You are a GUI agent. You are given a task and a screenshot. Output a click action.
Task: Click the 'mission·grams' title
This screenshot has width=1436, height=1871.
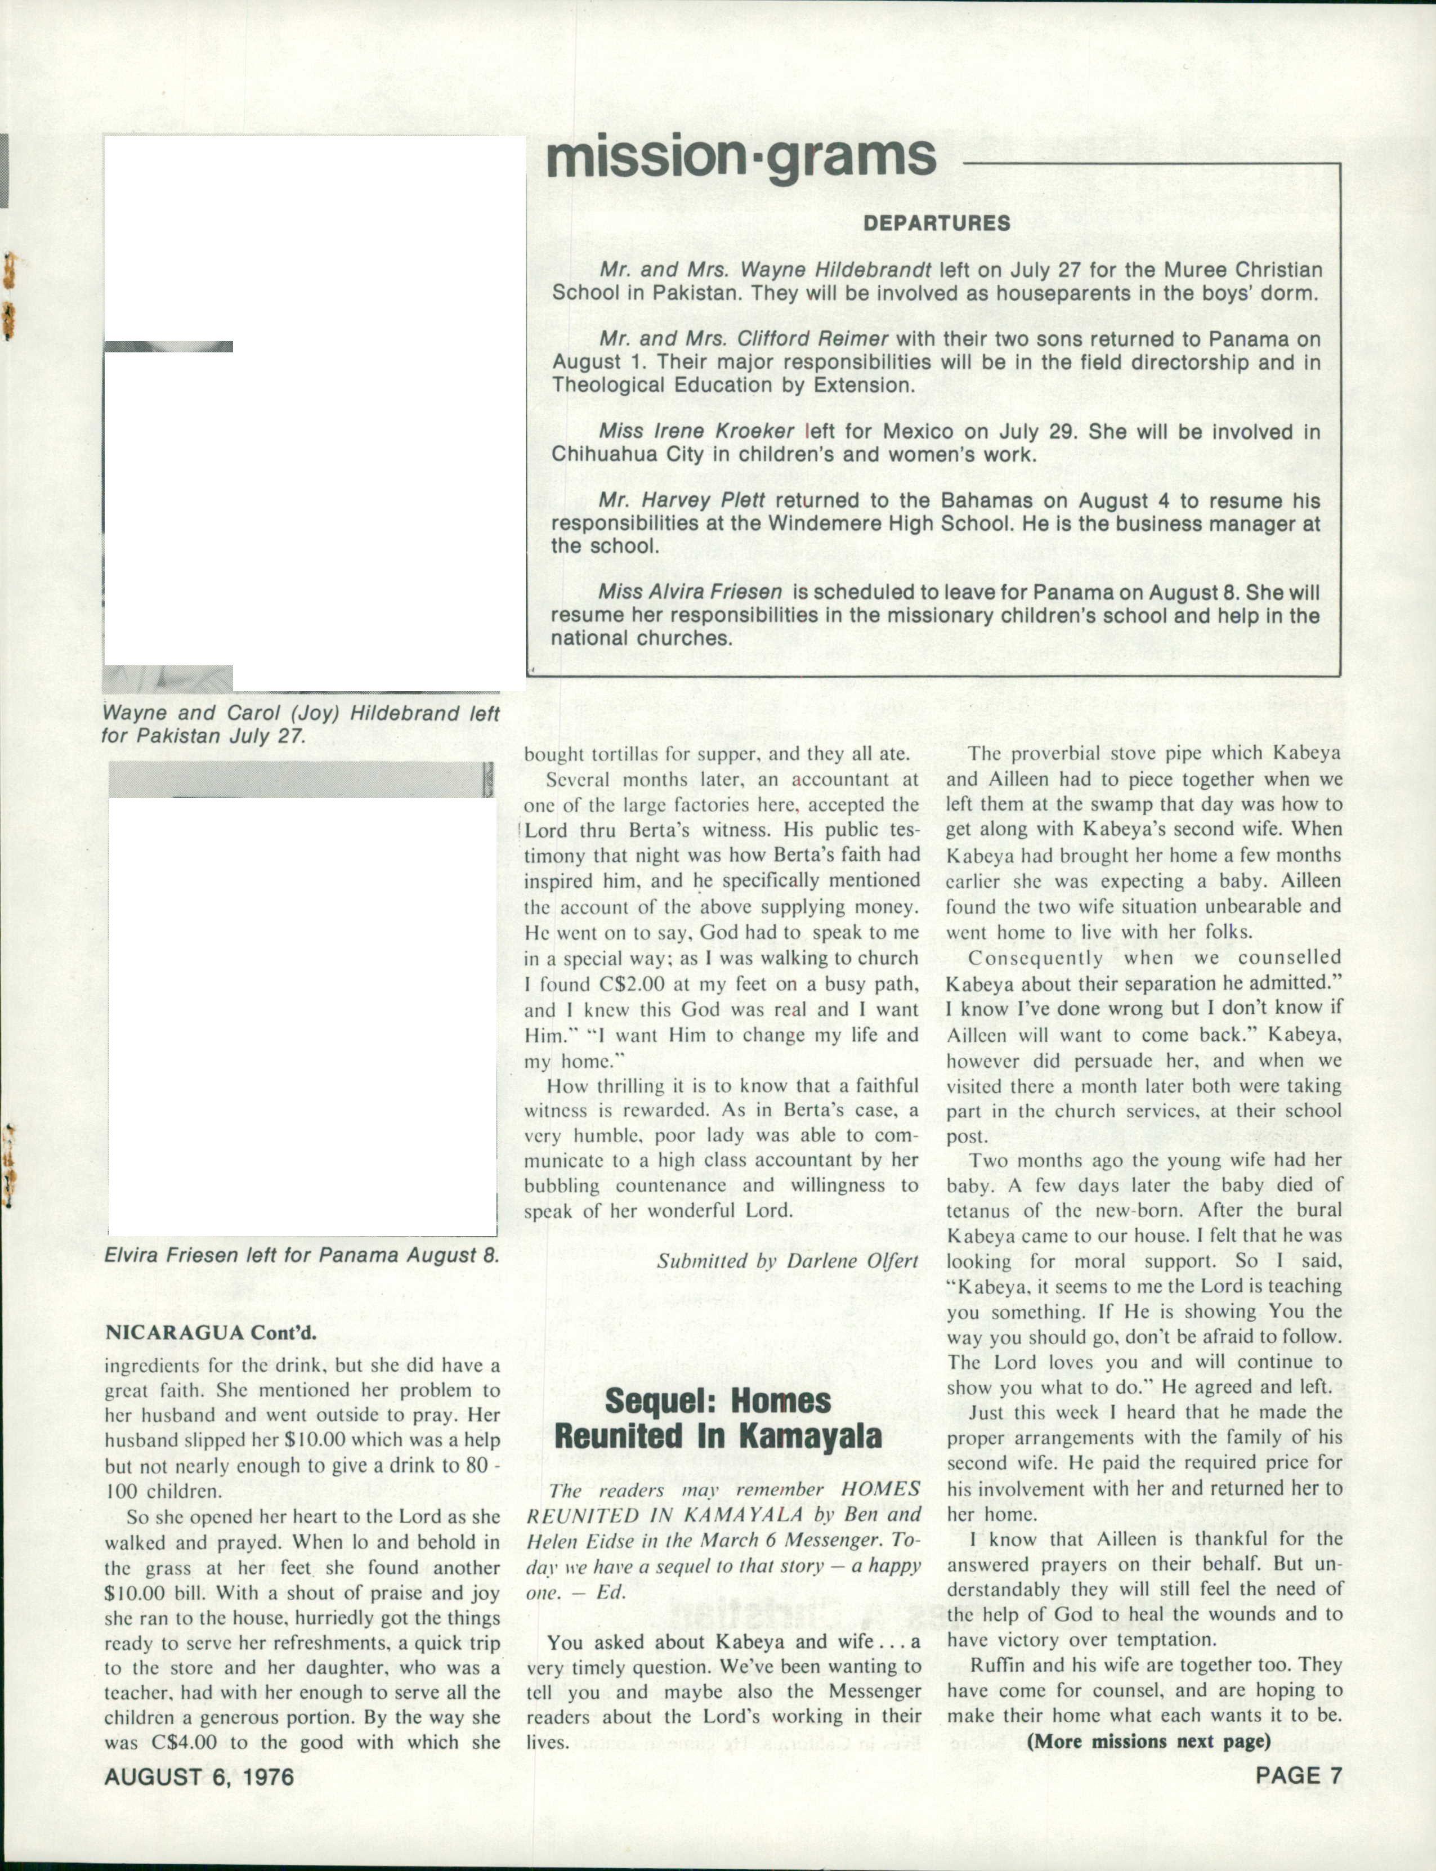(x=740, y=158)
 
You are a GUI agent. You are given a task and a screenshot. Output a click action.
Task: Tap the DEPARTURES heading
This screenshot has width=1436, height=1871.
(x=937, y=224)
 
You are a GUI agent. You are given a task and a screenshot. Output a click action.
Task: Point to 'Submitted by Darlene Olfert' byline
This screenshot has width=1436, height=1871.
(x=787, y=1261)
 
